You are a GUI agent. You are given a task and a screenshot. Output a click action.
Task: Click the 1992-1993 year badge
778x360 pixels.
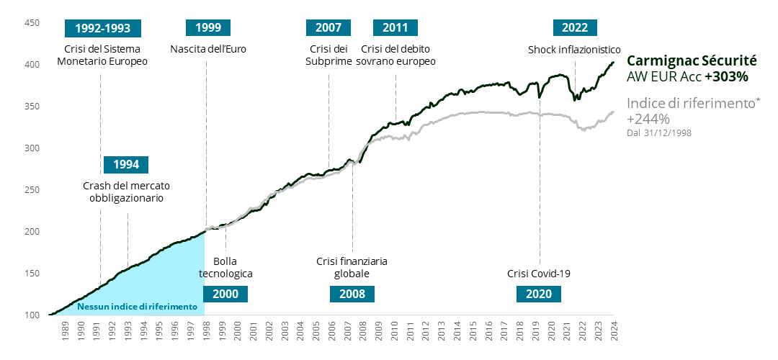point(102,28)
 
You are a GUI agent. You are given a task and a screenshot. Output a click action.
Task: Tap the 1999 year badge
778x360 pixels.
point(207,28)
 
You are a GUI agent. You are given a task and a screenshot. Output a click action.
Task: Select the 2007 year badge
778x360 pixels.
point(328,28)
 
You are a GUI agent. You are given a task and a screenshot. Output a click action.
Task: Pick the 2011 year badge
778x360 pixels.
point(395,28)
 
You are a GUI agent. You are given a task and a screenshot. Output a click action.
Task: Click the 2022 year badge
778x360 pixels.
point(575,28)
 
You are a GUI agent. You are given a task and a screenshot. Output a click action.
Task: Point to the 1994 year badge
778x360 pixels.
point(126,165)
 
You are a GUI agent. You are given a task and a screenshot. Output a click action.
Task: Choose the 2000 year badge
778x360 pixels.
point(225,294)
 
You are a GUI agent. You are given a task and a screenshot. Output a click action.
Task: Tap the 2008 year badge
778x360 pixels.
point(352,294)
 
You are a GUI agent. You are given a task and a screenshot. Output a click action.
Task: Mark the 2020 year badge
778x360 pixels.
point(539,294)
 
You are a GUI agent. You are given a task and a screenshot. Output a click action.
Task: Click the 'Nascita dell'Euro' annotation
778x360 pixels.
point(206,50)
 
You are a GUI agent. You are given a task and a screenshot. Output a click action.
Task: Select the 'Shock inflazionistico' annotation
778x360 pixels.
point(574,50)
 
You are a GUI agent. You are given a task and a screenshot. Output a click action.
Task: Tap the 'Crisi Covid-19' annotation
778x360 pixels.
point(539,274)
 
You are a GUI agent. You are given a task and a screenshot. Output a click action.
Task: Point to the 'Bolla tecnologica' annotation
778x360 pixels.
point(225,267)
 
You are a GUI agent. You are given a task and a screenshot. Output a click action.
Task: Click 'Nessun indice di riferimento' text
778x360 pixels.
point(137,307)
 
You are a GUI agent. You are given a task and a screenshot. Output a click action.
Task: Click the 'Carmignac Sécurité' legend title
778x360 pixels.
point(692,61)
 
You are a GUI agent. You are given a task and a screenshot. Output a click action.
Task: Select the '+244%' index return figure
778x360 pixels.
point(648,119)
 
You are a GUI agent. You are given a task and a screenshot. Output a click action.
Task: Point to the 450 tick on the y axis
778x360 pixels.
point(32,23)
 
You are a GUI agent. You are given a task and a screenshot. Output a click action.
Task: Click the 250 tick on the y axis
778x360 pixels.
point(32,190)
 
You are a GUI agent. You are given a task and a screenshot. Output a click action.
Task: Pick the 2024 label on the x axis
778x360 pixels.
point(614,332)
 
